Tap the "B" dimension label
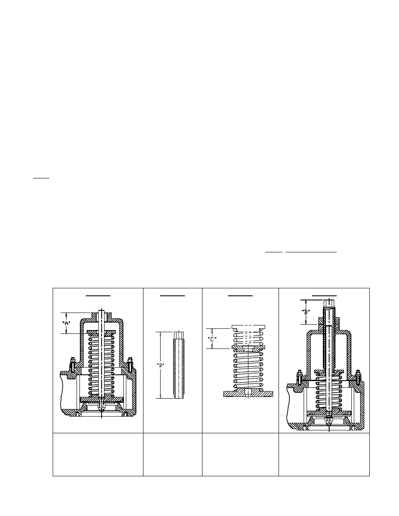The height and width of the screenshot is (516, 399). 160,364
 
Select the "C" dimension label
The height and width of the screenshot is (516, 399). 212,339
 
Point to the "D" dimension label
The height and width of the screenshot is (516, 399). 306,312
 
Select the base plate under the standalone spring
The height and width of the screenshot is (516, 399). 248,393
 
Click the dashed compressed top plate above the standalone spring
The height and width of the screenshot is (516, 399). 248,327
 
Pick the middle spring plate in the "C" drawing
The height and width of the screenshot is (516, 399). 248,348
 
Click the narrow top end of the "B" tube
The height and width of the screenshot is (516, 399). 179,335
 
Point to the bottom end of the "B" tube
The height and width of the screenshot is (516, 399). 179,396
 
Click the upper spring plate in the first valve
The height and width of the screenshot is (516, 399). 101,333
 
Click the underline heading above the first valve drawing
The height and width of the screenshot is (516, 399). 98,295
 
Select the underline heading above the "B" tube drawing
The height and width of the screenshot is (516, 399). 173,295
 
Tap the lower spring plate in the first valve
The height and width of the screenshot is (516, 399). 101,399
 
